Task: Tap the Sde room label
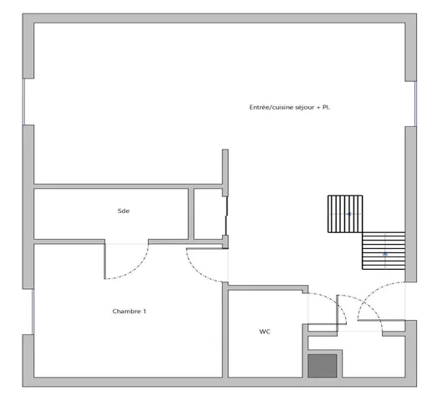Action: tap(124, 211)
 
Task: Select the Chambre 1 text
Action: tap(130, 311)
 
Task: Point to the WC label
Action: tap(264, 331)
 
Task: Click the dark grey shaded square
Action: tap(323, 365)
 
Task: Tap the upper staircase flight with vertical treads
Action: tap(346, 214)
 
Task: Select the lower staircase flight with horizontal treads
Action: tap(384, 250)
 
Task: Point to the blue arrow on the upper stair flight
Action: tap(349, 215)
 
